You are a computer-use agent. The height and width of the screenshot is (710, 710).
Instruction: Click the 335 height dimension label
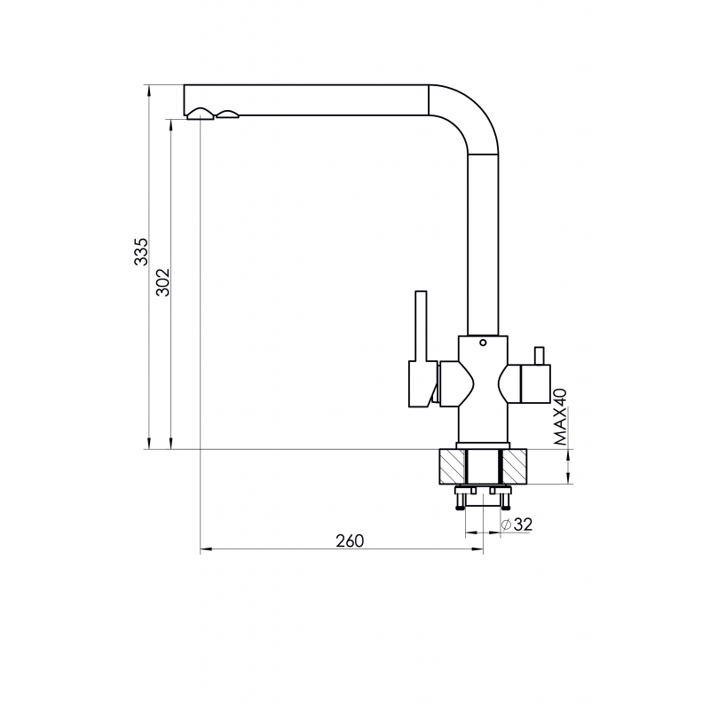(x=141, y=252)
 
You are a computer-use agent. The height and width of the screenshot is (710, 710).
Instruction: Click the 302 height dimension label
(x=162, y=282)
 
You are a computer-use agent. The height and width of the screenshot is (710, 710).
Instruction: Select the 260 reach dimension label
(x=350, y=540)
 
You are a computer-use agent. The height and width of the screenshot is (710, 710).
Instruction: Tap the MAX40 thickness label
(x=560, y=417)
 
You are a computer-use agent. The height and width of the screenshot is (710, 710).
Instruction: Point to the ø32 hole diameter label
(x=517, y=525)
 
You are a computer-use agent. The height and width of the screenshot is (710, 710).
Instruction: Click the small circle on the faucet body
(x=483, y=343)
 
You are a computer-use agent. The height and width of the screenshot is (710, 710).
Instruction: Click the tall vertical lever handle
(x=421, y=326)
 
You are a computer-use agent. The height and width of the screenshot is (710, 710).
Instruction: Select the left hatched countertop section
(x=452, y=467)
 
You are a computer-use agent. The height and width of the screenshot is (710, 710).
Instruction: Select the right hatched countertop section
(x=515, y=467)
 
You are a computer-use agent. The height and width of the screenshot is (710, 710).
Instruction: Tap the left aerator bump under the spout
(x=201, y=114)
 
